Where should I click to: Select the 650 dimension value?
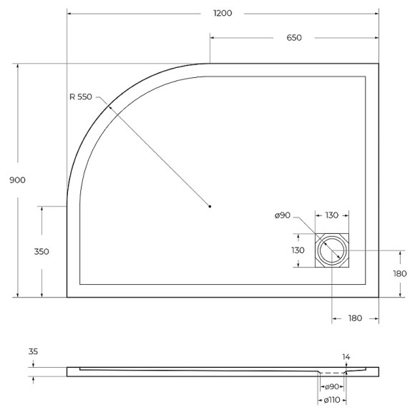click(x=293, y=38)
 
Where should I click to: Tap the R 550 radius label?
click(x=82, y=97)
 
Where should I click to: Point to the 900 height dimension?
click(x=18, y=180)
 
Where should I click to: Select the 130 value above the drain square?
click(x=332, y=215)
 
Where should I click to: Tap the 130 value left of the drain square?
click(x=298, y=250)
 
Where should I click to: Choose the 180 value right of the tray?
click(x=399, y=273)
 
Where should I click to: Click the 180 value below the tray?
click(x=355, y=318)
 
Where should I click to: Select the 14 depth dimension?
click(x=346, y=356)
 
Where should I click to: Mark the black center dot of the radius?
click(x=210, y=206)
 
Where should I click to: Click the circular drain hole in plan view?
click(x=333, y=251)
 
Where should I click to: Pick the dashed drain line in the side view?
click(x=331, y=373)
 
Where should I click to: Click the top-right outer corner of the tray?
click(x=379, y=64)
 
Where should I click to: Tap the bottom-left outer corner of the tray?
click(x=67, y=297)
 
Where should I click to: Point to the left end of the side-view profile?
click(x=68, y=371)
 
